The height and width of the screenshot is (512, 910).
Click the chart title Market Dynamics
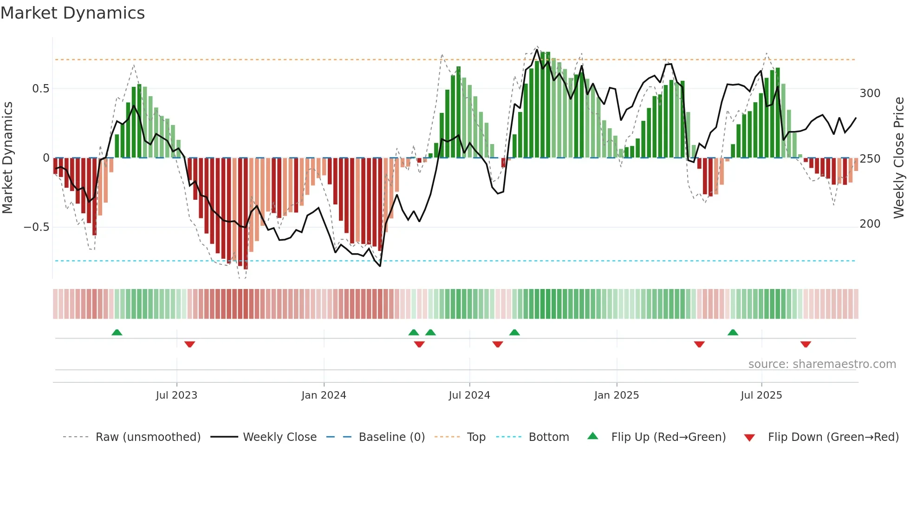72,13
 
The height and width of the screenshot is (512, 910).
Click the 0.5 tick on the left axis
40,89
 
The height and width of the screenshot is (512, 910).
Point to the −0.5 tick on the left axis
37,227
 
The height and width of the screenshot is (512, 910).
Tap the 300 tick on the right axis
870,93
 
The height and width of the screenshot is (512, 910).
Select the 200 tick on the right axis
870,224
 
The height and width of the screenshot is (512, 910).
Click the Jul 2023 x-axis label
176,395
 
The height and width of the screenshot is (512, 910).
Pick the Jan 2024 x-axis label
324,395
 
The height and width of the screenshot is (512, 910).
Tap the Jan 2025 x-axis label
617,395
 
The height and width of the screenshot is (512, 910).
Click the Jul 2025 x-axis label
761,395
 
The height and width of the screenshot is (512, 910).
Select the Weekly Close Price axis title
899,158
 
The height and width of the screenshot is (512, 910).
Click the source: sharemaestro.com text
822,364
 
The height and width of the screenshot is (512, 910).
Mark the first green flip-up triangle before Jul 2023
117,333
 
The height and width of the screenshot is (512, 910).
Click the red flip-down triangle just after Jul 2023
189,344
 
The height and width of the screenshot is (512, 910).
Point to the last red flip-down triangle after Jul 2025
806,344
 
